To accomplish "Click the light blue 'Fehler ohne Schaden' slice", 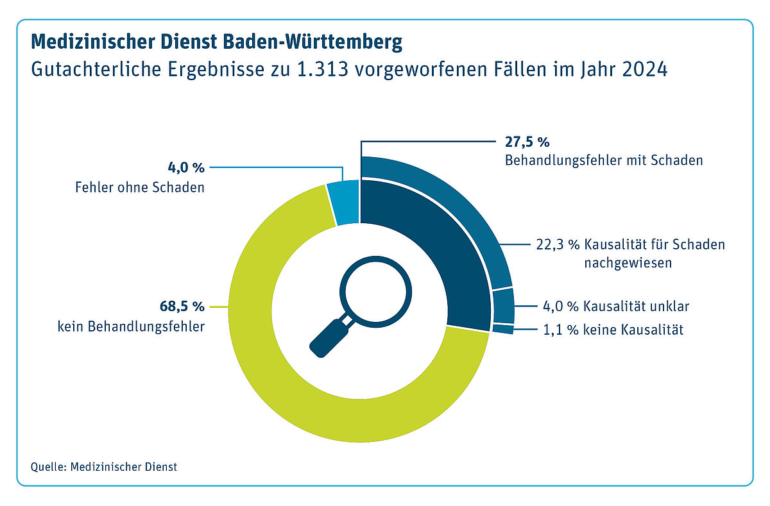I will click(x=343, y=204).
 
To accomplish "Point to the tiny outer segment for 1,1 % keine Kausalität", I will click(x=504, y=330).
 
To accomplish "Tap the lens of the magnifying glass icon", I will click(x=375, y=287).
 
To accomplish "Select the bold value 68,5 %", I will click(x=181, y=306).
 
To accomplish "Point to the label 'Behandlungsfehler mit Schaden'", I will click(x=603, y=160).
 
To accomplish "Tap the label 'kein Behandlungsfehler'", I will click(x=130, y=326).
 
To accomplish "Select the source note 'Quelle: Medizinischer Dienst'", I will click(x=103, y=466).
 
